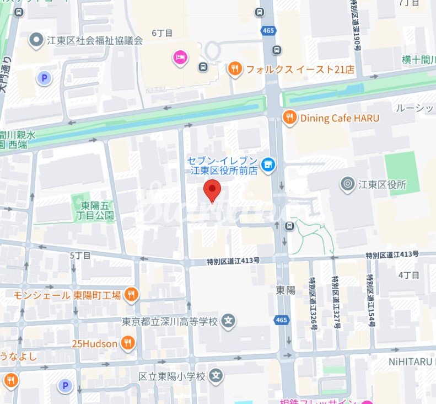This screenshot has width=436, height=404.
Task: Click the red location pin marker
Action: pos(212,191)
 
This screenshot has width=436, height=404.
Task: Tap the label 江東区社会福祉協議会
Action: pos(95,40)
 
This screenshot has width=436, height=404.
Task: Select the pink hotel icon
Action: pos(180,56)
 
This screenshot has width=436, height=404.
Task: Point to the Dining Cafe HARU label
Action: pos(339,118)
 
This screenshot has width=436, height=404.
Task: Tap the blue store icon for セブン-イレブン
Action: pos(268,164)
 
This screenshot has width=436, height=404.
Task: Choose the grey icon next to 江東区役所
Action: pos(348,184)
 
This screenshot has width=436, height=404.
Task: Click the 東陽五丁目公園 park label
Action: pos(94,210)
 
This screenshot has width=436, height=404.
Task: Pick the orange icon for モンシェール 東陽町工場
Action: pos(131,295)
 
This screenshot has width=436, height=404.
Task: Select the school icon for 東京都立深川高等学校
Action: pos(229,321)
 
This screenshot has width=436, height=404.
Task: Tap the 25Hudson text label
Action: pos(94,344)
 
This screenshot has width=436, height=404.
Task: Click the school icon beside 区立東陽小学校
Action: pos(217,376)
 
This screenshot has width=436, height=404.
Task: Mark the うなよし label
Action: pos(18,357)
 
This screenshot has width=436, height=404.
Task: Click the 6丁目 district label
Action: pos(163,33)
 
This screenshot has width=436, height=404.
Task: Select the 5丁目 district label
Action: pos(80,256)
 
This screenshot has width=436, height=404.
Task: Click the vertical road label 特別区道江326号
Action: pos(313,303)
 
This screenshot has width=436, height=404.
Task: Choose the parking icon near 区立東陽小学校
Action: pos(65,385)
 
